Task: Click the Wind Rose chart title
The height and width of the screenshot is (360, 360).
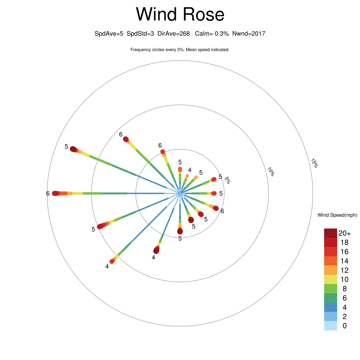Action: pos(180,14)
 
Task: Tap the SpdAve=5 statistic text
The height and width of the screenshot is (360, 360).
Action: pos(109,34)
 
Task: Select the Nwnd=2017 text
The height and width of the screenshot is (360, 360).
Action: pos(249,34)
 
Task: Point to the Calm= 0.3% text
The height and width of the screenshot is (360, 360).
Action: pos(212,34)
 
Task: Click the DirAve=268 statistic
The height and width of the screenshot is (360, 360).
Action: pos(174,34)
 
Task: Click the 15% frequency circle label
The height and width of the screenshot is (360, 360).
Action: pos(314,163)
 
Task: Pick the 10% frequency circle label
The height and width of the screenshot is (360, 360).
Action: pos(271,172)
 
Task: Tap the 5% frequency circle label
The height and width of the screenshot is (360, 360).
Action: pos(227,180)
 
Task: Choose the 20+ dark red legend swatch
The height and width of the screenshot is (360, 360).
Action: pos(330,233)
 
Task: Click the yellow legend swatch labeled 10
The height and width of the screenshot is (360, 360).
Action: pos(330,279)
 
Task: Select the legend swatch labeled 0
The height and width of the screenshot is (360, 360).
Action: pos(330,326)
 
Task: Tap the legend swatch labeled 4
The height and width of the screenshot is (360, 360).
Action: pos(330,307)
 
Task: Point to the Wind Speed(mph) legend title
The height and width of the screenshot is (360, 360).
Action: pos(337,215)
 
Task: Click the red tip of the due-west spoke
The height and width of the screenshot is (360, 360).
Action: pos(55,193)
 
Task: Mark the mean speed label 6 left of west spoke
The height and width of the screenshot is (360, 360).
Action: pos(48,194)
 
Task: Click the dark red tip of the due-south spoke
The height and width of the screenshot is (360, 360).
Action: pos(180,231)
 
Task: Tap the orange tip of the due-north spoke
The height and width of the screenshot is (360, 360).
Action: pos(180,169)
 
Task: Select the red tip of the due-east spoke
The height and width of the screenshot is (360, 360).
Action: pos(214,193)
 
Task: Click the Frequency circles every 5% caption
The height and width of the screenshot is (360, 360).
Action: pos(180,50)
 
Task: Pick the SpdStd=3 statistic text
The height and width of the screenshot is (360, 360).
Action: pos(140,34)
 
